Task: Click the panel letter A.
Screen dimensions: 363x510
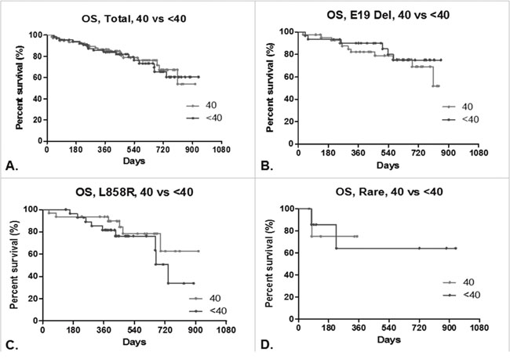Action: [9, 165]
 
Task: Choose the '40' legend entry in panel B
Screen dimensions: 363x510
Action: [469, 107]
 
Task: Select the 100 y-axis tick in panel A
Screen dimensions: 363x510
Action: [35, 35]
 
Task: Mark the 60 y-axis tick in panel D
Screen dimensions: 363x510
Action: [287, 253]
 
